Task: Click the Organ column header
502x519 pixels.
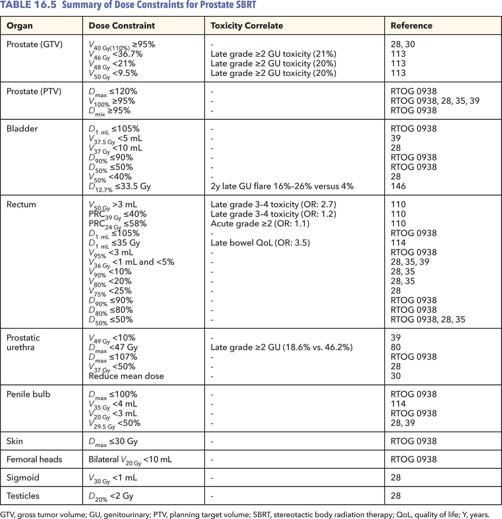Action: (20, 26)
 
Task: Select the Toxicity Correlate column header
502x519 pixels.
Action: (247, 26)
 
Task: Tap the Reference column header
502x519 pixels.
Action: (411, 26)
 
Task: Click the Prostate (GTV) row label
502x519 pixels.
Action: (34, 44)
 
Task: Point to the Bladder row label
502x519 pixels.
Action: (22, 129)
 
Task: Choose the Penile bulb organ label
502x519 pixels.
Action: (29, 394)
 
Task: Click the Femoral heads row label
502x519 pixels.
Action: (34, 459)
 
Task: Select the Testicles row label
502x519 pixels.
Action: (23, 496)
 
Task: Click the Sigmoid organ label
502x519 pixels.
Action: (23, 477)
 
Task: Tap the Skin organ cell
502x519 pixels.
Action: (15, 441)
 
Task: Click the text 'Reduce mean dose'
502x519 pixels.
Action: (126, 376)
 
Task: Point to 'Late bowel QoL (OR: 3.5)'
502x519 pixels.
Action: (260, 243)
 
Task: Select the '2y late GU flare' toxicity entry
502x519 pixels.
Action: (282, 186)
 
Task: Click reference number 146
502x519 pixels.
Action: (398, 186)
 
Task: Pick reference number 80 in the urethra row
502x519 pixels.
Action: (396, 347)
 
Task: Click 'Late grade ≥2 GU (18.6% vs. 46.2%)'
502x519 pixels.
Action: (281, 347)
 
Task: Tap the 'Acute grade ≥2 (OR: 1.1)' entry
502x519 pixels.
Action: (260, 223)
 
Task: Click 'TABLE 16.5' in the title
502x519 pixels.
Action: (28, 5)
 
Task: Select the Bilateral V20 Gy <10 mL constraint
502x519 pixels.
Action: (130, 459)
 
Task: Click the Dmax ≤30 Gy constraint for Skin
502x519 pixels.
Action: (113, 441)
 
